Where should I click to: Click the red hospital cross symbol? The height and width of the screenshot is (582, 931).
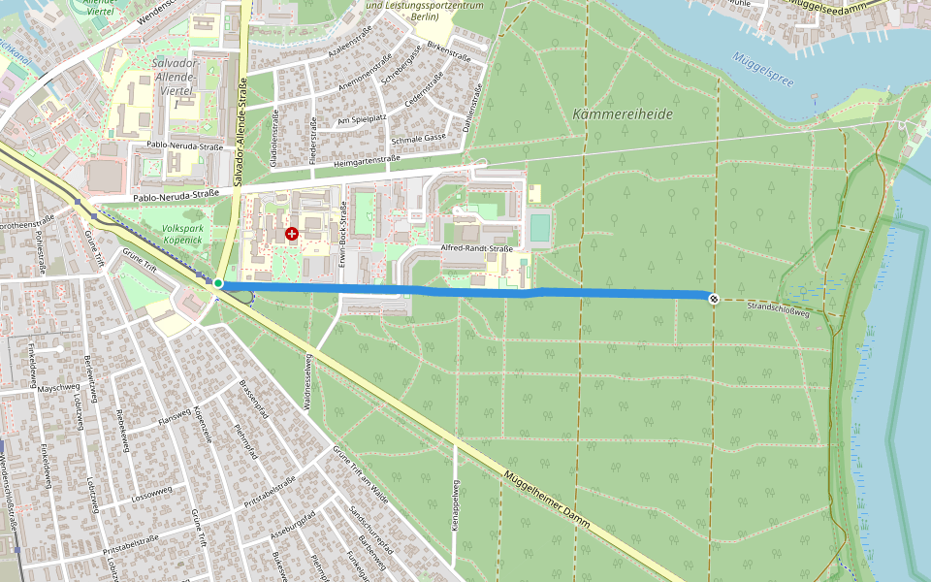[292, 234]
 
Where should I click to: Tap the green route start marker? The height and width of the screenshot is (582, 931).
[218, 283]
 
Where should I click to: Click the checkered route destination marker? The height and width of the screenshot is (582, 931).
[714, 299]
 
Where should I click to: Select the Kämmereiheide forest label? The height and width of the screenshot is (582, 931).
[623, 113]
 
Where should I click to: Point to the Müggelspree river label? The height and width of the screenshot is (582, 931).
[763, 69]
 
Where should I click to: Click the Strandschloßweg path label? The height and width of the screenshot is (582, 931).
[781, 309]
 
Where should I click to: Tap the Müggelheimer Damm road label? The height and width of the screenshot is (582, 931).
[548, 499]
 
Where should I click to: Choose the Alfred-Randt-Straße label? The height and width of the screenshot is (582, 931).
[476, 248]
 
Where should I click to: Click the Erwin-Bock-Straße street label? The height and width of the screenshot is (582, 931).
[342, 227]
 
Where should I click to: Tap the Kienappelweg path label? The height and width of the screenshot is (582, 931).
[455, 504]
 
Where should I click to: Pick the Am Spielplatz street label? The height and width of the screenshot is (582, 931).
[361, 120]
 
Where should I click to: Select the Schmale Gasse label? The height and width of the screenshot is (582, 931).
[418, 139]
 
